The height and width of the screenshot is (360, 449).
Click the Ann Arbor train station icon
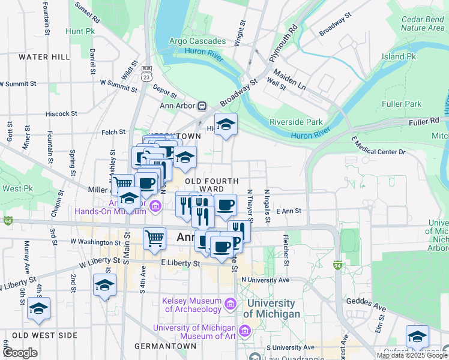point(202,106)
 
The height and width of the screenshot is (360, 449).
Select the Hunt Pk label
point(81,30)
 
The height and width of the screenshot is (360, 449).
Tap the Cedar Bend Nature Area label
point(422,23)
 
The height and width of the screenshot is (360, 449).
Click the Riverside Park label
point(296,122)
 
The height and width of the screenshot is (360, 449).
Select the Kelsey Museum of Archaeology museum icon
point(229,305)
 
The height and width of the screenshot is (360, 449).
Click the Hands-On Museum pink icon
point(155,207)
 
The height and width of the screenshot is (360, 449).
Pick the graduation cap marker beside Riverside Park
point(226,125)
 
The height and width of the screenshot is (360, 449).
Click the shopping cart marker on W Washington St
point(154,238)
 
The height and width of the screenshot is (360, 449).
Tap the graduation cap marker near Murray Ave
point(39,309)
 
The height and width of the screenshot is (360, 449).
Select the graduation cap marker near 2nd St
point(104,286)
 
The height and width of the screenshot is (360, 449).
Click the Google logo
point(20,353)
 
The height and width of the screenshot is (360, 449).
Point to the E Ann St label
point(288,211)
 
